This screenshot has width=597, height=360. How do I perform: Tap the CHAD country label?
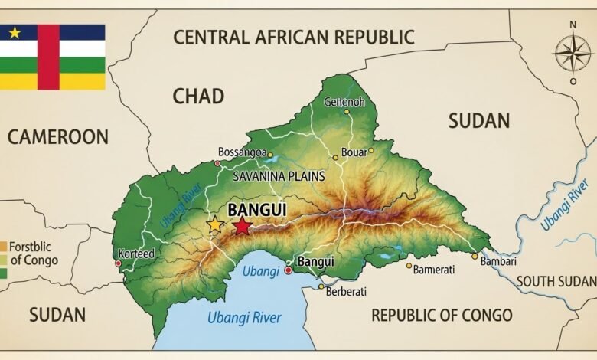(x=198, y=97)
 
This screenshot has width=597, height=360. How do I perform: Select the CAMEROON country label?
(x=58, y=137)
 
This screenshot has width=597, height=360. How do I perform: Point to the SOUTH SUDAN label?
(x=556, y=281)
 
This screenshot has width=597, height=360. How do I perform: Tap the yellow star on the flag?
(x=15, y=32)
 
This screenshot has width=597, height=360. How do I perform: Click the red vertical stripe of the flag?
(x=48, y=57)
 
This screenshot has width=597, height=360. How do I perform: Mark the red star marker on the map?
(x=242, y=225)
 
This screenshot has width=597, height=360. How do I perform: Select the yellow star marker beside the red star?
(x=216, y=225)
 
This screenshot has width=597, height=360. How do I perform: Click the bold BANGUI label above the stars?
(x=252, y=208)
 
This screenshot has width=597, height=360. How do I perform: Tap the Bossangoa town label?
(x=242, y=152)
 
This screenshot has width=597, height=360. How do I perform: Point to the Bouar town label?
(x=354, y=152)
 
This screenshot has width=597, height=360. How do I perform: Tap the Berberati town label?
(x=346, y=291)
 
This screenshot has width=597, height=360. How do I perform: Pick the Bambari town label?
(x=499, y=263)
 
